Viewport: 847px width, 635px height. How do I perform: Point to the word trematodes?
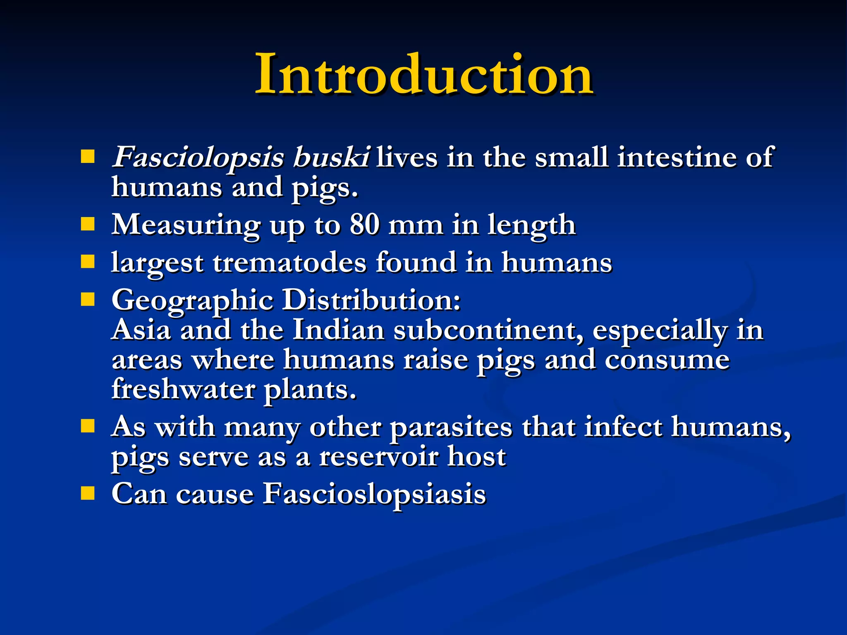(290, 263)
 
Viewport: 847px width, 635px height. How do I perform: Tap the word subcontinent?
(488, 330)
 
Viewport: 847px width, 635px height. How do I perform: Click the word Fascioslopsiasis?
(374, 494)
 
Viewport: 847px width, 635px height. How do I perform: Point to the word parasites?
(451, 427)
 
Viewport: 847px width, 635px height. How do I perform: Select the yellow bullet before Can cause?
(88, 493)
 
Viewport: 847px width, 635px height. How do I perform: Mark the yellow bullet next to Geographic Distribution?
(88, 299)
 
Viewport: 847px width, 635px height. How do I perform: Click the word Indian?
(338, 330)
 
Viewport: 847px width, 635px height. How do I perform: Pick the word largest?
(157, 263)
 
